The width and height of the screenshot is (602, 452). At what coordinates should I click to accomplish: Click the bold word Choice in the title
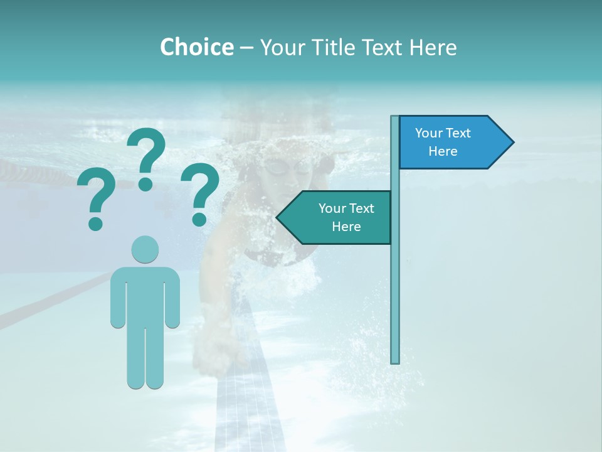tap(196, 47)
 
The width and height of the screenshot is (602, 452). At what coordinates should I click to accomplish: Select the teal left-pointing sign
tap(339, 217)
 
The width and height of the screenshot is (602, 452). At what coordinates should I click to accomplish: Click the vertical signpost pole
tap(394, 282)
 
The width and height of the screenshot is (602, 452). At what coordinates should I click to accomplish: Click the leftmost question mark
tap(96, 195)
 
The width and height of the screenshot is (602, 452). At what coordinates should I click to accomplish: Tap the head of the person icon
tap(145, 249)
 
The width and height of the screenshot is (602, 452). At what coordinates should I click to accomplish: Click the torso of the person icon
tap(145, 295)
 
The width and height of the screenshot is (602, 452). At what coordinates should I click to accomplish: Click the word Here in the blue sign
tap(443, 151)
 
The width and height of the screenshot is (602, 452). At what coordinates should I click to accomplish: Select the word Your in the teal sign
tap(332, 208)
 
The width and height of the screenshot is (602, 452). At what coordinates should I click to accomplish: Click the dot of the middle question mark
tap(145, 184)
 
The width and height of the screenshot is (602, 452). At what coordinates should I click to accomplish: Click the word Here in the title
tap(433, 47)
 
